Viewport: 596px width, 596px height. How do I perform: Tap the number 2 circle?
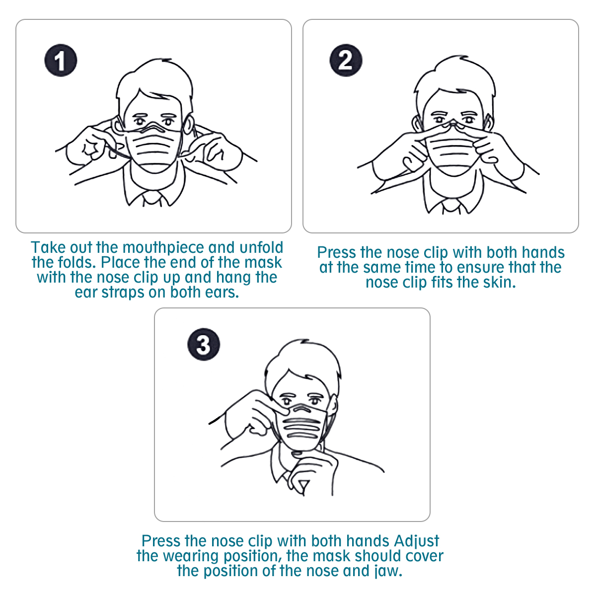346,61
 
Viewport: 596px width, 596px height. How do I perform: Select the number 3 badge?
204,344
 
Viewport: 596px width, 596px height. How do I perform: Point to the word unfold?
261,248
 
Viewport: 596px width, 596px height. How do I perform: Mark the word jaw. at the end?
387,571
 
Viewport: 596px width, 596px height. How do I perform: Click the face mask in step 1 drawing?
154,149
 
